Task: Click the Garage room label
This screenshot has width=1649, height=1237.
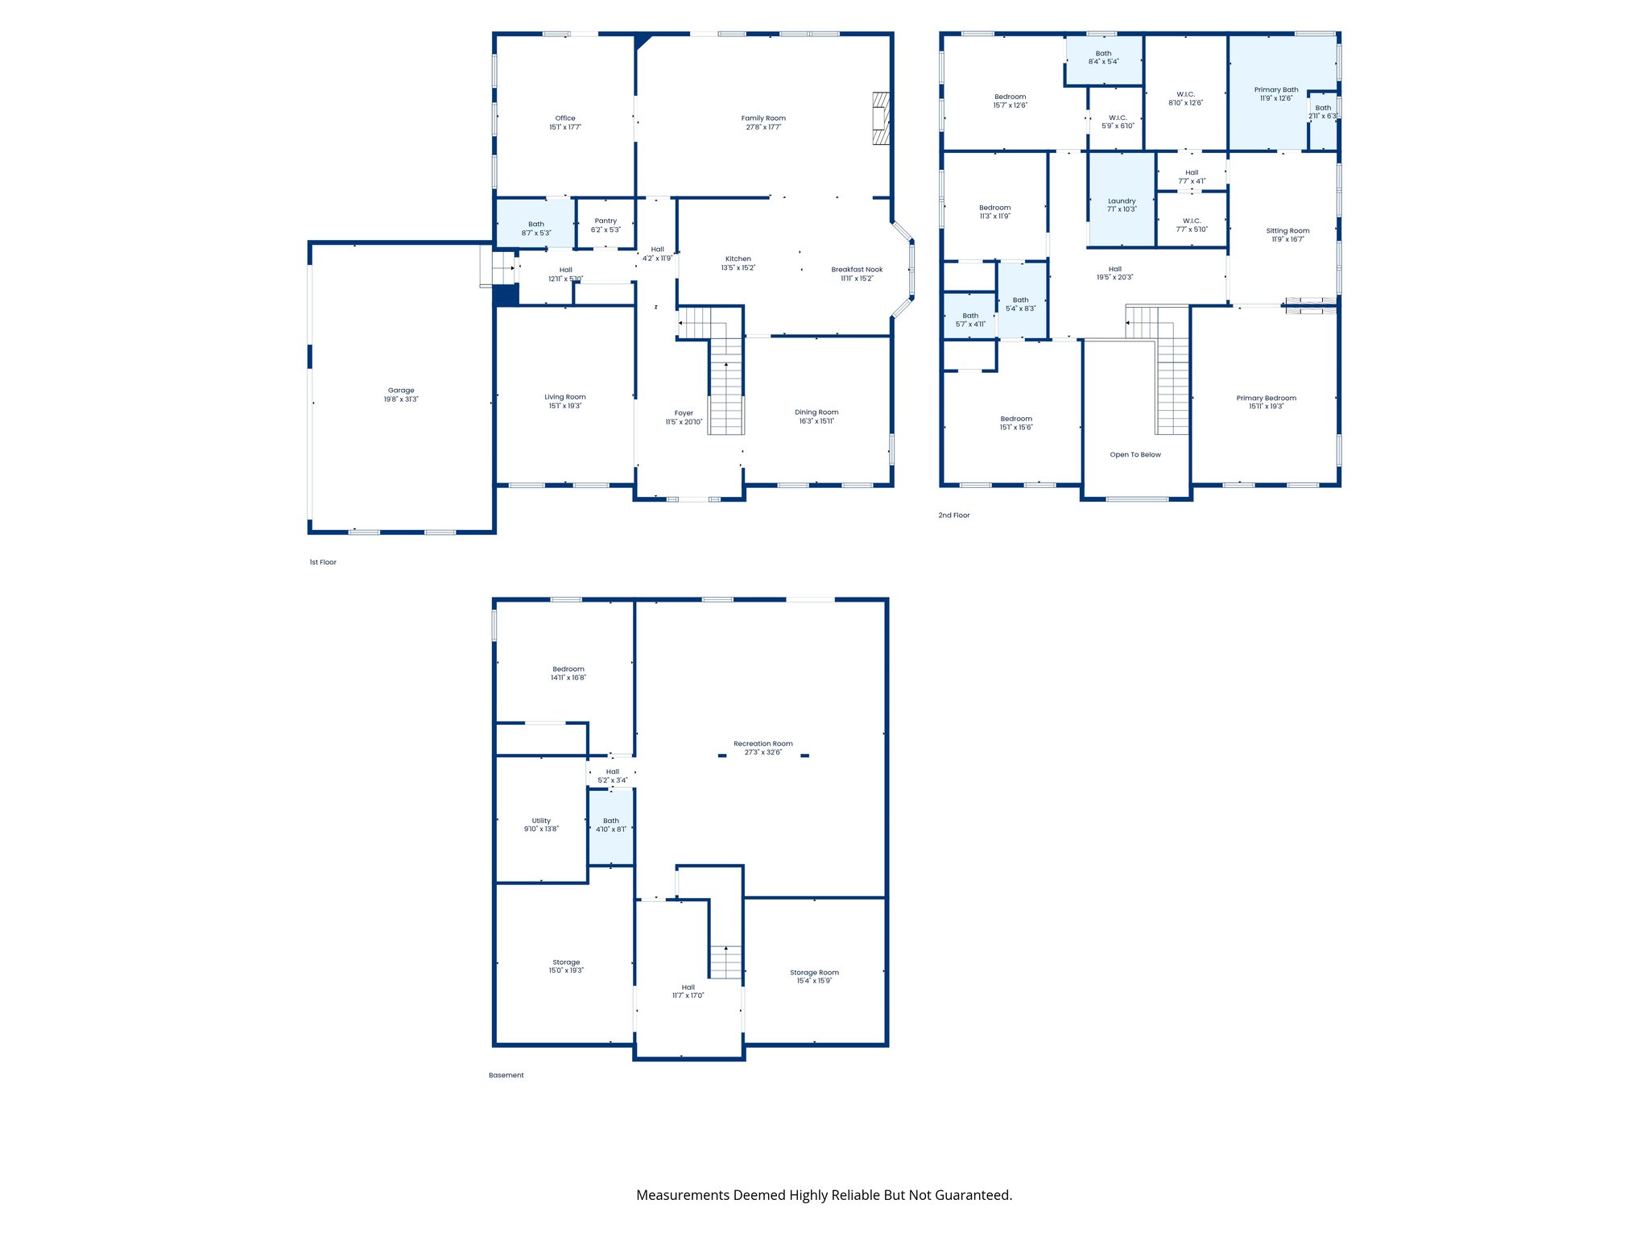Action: click(x=401, y=391)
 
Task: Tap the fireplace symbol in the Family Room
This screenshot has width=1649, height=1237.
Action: click(x=881, y=118)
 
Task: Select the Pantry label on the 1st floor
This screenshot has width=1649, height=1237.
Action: click(x=605, y=221)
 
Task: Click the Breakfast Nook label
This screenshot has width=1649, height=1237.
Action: click(x=857, y=270)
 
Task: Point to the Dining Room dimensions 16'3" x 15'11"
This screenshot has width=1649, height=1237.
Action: click(x=816, y=421)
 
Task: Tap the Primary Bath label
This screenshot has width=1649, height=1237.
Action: click(x=1276, y=90)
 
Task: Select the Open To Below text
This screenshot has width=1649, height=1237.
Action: click(x=1135, y=455)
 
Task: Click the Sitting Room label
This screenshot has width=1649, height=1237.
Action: click(x=1287, y=231)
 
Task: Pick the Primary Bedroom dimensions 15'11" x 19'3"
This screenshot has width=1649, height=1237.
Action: click(x=1267, y=407)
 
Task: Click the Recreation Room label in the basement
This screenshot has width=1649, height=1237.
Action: click(x=763, y=744)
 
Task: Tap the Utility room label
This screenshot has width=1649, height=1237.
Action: click(x=541, y=821)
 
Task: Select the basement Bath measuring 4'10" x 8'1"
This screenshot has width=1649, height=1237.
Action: click(x=611, y=825)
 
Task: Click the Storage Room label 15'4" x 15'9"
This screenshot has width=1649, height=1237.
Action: click(x=814, y=973)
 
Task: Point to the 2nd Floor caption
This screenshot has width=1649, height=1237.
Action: click(x=954, y=515)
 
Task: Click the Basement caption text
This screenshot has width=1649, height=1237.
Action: click(x=506, y=1075)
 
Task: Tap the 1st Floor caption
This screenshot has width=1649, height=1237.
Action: click(x=323, y=562)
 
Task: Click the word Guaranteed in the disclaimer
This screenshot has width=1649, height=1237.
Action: click(x=974, y=1195)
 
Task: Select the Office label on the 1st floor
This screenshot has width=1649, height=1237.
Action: click(x=565, y=118)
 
